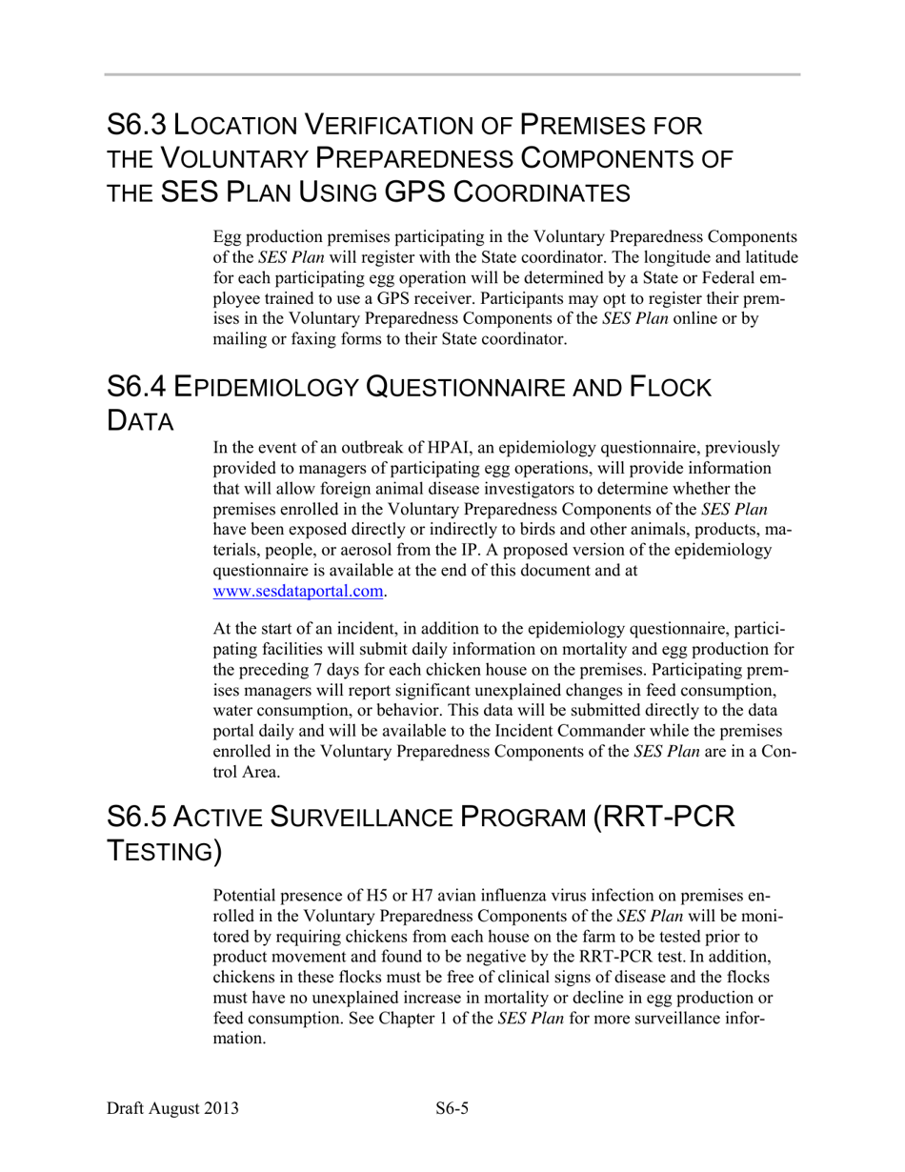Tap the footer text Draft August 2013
(x=172, y=1108)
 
